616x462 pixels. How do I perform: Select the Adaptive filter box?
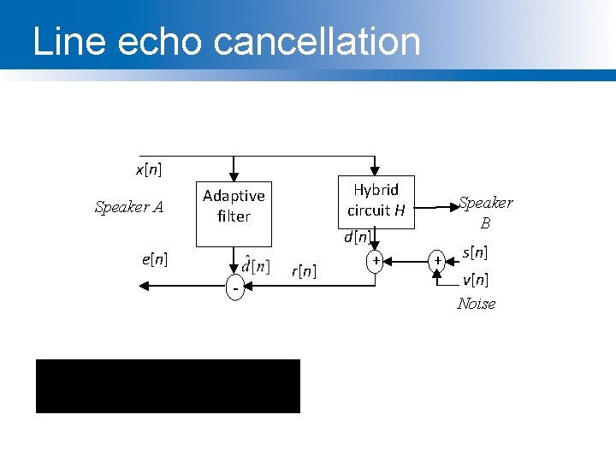pyautogui.click(x=234, y=206)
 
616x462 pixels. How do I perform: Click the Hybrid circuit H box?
pyautogui.click(x=376, y=199)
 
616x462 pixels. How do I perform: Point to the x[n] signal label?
pyautogui.click(x=148, y=169)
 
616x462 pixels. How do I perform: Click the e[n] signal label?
pyautogui.click(x=154, y=257)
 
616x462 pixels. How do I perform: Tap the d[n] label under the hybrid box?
pyautogui.click(x=357, y=236)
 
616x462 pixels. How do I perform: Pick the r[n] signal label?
pyautogui.click(x=304, y=271)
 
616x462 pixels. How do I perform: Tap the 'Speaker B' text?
pyautogui.click(x=485, y=212)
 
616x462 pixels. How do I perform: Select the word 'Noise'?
pyautogui.click(x=476, y=304)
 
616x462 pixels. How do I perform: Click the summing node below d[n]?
pyautogui.click(x=375, y=259)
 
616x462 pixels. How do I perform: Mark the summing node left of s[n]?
pyautogui.click(x=437, y=259)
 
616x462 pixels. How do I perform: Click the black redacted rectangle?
pyautogui.click(x=168, y=386)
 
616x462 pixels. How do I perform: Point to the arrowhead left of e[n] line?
pyautogui.click(x=136, y=288)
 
